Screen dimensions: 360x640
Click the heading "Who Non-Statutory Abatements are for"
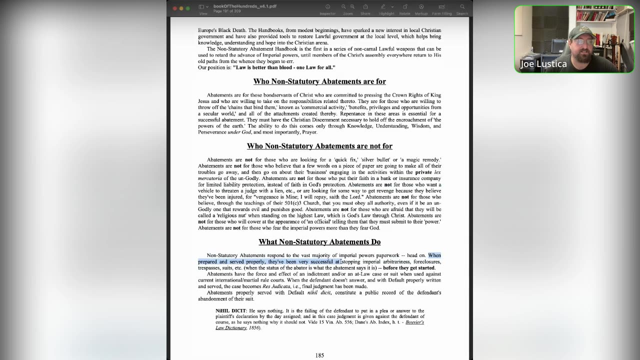coord(319,81)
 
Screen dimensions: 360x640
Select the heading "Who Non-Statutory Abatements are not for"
coord(319,146)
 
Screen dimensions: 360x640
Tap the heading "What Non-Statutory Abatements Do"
coord(319,242)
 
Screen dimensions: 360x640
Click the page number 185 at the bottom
coord(319,355)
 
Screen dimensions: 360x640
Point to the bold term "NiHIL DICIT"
coord(230,311)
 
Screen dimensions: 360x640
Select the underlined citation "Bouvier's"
coord(414,322)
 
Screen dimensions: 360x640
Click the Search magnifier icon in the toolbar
coord(462,7)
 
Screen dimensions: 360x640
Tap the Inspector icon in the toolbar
coord(327,7)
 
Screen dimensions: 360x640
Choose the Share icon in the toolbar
coord(365,7)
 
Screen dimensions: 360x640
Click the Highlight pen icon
coord(383,7)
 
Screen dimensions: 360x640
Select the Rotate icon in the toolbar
coord(404,7)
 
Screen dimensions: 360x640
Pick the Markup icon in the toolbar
coord(421,7)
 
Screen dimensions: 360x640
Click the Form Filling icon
coord(442,7)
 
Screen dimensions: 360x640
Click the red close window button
coord(174,8)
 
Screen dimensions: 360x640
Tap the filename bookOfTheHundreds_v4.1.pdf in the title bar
coord(245,6)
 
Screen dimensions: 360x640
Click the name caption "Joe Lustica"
coord(543,64)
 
